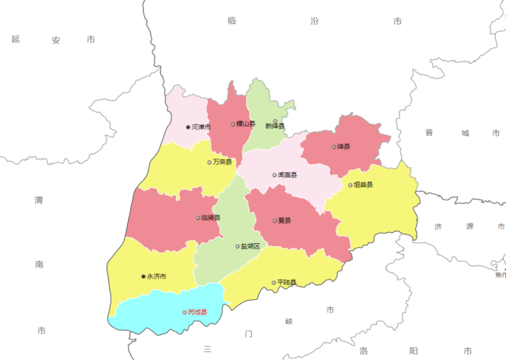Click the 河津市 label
point(201,127)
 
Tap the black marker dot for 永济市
point(143,276)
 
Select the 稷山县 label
point(246,124)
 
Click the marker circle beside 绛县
point(334,147)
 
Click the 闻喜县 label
point(287,175)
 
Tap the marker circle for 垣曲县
point(350,186)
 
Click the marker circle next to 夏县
point(275,220)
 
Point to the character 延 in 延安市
point(15,39)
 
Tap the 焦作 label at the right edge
point(500,275)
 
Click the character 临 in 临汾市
point(231,21)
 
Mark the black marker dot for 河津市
point(188,127)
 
